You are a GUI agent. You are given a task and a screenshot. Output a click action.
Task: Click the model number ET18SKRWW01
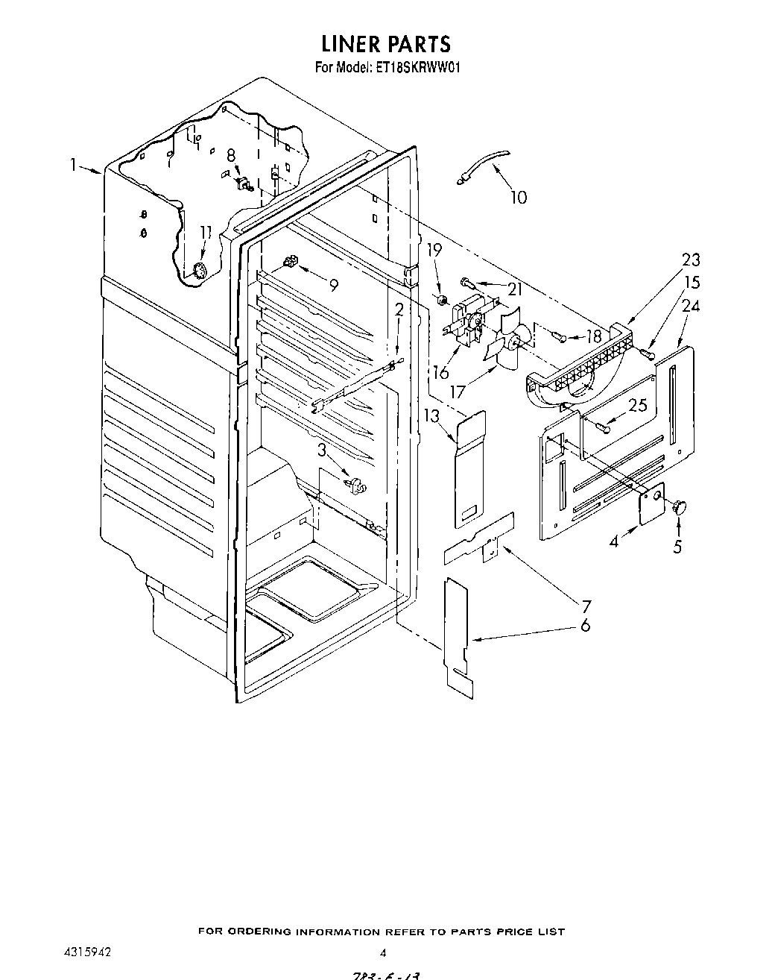pyautogui.click(x=418, y=67)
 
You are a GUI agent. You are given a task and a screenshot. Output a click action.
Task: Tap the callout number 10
pyautogui.click(x=518, y=197)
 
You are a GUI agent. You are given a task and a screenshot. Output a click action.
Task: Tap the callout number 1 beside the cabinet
pyautogui.click(x=74, y=165)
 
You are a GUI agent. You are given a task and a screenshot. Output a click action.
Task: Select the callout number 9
pyautogui.click(x=333, y=284)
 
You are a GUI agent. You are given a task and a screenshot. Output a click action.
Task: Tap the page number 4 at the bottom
pyautogui.click(x=382, y=952)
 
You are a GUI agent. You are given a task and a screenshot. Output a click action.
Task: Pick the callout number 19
pyautogui.click(x=434, y=250)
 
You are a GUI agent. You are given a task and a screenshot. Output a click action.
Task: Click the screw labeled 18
pyautogui.click(x=560, y=337)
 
